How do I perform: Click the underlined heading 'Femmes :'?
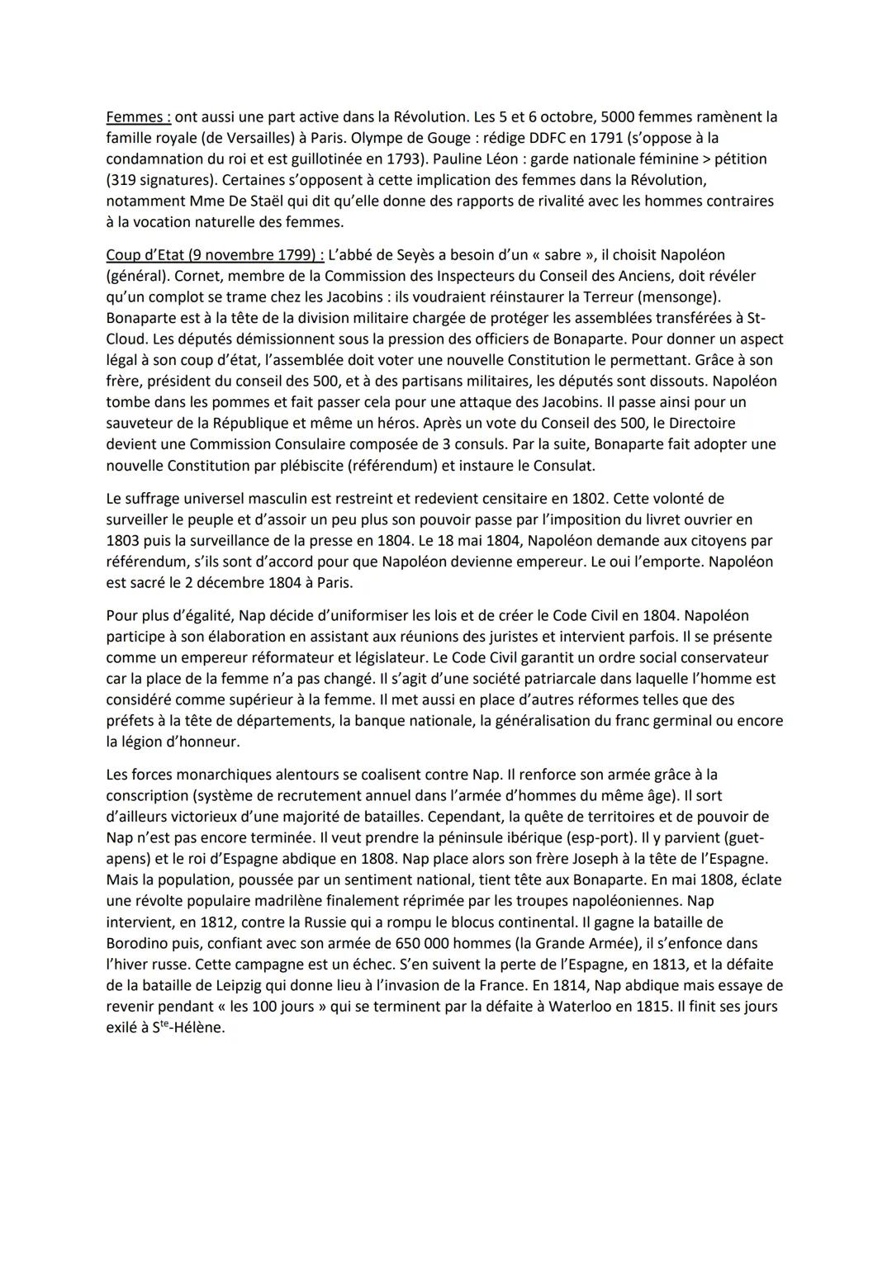pyautogui.click(x=137, y=116)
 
